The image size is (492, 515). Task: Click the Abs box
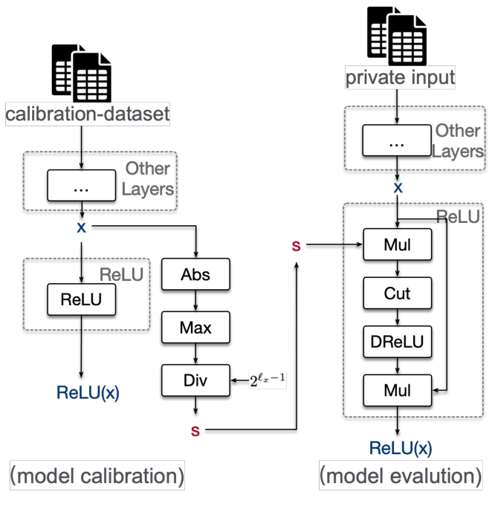(x=195, y=274)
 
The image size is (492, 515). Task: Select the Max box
(x=195, y=327)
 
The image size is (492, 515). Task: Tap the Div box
(x=195, y=380)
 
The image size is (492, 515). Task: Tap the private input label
(x=399, y=77)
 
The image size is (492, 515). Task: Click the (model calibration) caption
(x=97, y=475)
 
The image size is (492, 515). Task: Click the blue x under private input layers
(x=398, y=189)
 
